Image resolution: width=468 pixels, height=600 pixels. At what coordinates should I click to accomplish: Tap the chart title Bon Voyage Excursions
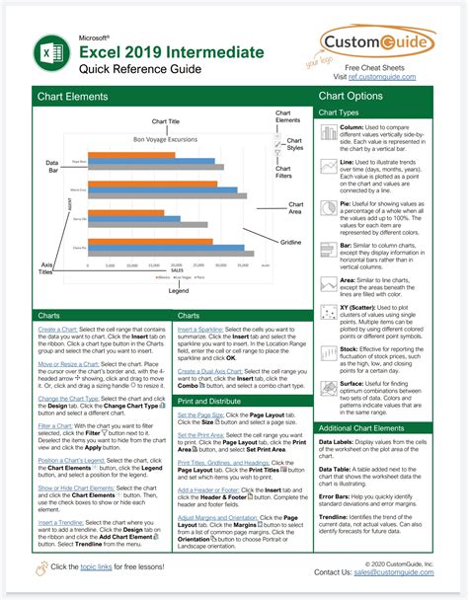click(x=166, y=141)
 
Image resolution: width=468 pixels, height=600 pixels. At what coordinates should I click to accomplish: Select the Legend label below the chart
click(x=178, y=292)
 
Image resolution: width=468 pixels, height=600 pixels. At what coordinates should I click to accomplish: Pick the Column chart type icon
click(x=329, y=132)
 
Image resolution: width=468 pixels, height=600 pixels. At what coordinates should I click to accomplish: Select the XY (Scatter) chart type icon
click(x=329, y=314)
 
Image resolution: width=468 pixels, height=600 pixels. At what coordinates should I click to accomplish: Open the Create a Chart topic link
click(x=57, y=328)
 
